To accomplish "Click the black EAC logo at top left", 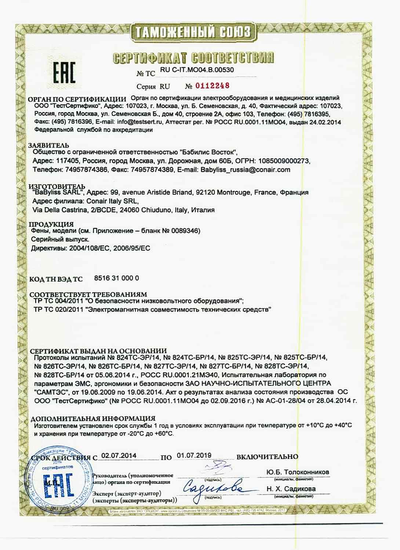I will coord(64,72).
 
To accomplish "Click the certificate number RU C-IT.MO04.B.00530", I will coord(197,70).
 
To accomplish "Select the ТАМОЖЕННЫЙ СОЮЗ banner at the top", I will coord(192,32).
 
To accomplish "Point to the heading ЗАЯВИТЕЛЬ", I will coord(48,146).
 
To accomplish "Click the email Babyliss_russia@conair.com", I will coord(245,170).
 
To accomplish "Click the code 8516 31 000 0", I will coord(116,278).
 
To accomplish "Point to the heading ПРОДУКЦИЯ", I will coord(51,224).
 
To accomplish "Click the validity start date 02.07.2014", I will coord(119,456).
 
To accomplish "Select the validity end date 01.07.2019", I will coord(194,455).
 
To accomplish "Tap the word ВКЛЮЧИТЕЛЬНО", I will coord(267,457).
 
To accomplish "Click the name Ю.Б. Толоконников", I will coord(298,472).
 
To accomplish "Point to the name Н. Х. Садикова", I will coord(291,489).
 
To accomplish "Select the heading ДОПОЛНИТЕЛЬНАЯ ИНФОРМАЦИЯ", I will coord(92,418).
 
